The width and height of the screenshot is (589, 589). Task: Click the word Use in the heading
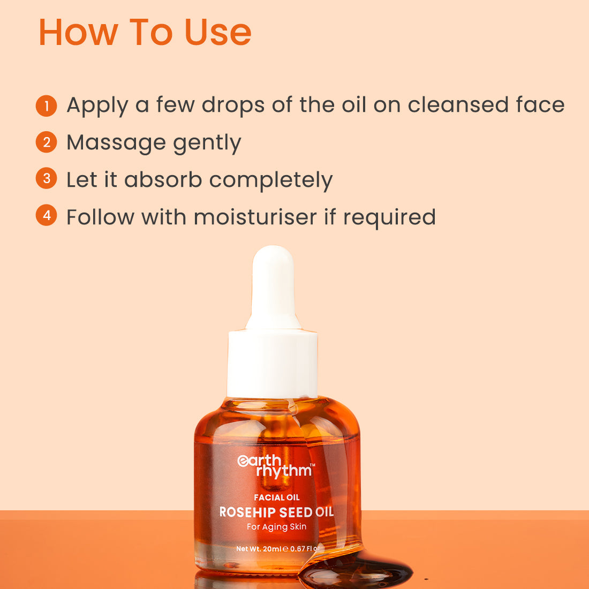(218, 32)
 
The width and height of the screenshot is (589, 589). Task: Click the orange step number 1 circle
(46, 105)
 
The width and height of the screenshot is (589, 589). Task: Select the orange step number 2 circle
(46, 142)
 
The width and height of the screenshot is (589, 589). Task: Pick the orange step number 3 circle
(46, 178)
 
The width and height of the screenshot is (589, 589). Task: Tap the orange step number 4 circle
(46, 215)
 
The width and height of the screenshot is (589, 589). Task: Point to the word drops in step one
(233, 106)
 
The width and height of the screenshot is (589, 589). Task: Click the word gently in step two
(207, 144)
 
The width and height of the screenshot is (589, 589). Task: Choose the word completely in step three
(271, 181)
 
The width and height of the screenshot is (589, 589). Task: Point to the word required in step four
(389, 218)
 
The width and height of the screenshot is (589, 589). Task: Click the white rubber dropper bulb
(273, 288)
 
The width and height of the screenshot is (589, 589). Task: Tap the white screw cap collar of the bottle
(273, 364)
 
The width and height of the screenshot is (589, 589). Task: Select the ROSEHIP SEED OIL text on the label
(276, 512)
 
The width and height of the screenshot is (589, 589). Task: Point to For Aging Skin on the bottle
(276, 527)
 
